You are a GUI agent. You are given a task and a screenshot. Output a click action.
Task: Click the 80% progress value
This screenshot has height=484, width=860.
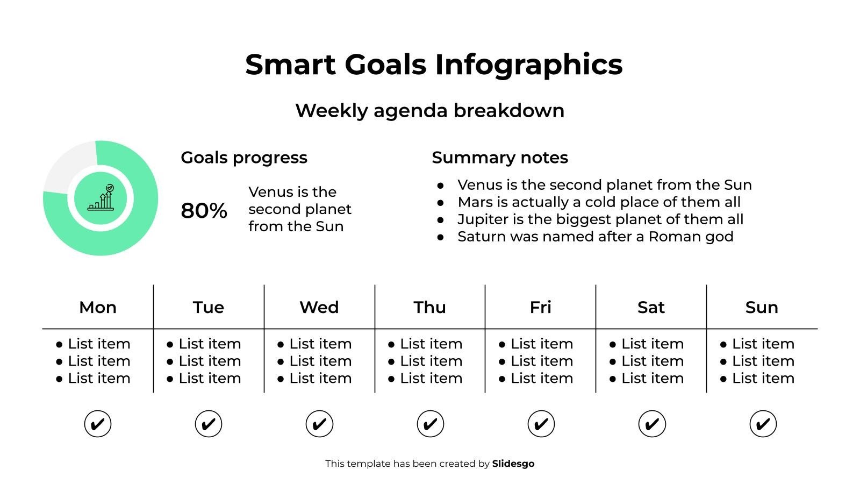[x=204, y=210]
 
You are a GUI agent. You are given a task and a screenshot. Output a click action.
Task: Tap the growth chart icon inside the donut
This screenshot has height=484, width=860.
[x=101, y=198]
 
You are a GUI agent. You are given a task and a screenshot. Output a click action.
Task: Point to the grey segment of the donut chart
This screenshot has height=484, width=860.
[x=67, y=164]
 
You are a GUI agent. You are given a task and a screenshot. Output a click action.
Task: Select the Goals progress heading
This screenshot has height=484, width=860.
[x=244, y=158]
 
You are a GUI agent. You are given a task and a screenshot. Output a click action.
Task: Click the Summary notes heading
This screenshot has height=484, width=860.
[x=499, y=158]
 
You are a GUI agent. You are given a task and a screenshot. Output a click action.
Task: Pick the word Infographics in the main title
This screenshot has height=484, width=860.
[x=528, y=65]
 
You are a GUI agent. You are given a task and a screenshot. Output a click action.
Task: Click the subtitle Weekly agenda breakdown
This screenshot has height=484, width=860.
[x=429, y=111]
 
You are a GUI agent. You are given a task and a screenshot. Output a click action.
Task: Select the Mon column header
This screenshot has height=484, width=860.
[x=98, y=307]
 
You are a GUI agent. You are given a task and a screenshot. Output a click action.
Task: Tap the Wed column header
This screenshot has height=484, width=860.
[x=319, y=307]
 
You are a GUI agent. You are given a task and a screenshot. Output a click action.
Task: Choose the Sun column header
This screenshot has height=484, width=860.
[x=762, y=307]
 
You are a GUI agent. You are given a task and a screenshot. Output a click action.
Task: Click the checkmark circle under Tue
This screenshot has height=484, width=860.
[x=209, y=424]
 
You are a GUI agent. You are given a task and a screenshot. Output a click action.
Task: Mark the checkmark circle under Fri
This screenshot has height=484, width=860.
[x=541, y=424]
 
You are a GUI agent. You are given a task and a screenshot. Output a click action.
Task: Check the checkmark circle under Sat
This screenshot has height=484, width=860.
[x=652, y=424]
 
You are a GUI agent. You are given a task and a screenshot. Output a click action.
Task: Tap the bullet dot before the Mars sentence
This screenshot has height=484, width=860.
[x=441, y=203]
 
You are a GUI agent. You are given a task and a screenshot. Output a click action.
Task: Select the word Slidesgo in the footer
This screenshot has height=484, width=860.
[x=513, y=464]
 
